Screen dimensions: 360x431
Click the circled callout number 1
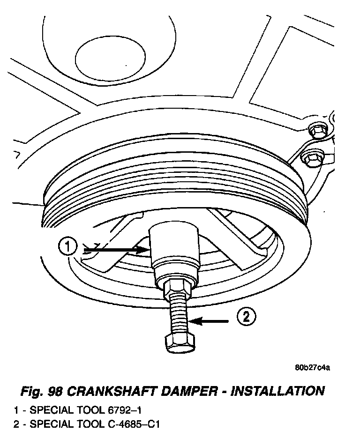pyautogui.click(x=68, y=246)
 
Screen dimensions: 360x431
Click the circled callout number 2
pyautogui.click(x=246, y=318)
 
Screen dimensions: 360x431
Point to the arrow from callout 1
pyautogui.click(x=117, y=250)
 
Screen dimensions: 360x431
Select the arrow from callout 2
pyautogui.click(x=211, y=321)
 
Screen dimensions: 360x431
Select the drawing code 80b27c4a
pyautogui.click(x=313, y=367)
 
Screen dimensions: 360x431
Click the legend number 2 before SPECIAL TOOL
pyautogui.click(x=17, y=424)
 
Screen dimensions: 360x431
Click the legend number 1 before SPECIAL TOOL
pyautogui.click(x=17, y=410)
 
